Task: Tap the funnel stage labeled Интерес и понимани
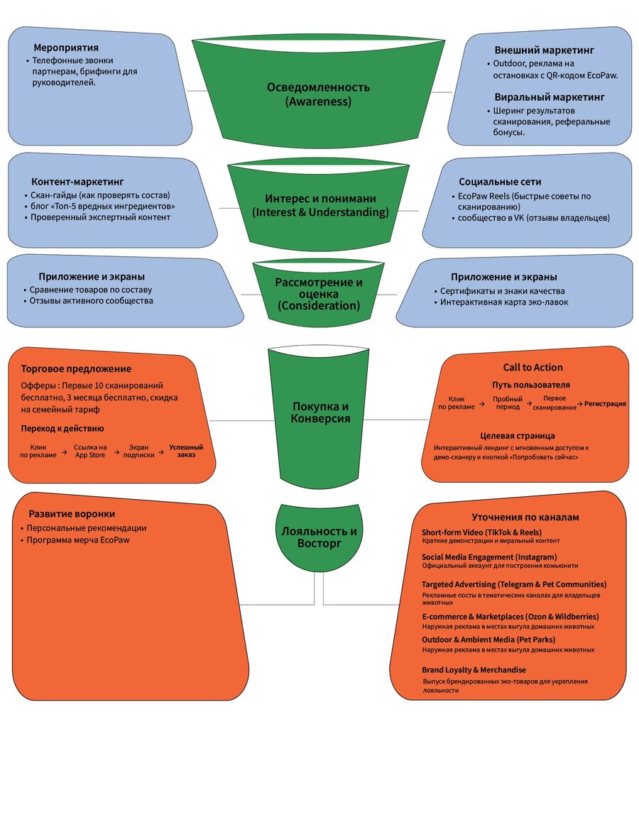point(319,207)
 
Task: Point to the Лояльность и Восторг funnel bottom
point(319,536)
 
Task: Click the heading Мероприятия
point(66,48)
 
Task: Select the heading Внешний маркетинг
point(544,50)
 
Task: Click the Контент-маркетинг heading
point(77,182)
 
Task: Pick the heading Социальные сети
point(500,182)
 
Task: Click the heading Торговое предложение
point(76,368)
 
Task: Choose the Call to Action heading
point(532,367)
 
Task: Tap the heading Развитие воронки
point(72,514)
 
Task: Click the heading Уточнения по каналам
point(525,517)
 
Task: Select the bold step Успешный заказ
point(186,451)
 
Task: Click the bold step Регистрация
point(605,404)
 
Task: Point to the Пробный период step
point(508,403)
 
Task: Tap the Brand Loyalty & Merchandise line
point(474,669)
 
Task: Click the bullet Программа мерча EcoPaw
point(78,540)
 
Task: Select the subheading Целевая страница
point(518,436)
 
